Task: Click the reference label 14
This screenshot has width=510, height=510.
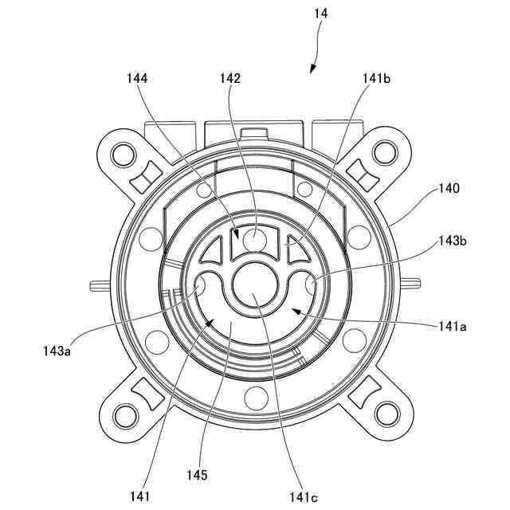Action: coord(321,14)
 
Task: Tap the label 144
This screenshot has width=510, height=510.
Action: coord(136,78)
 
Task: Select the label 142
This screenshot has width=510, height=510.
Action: coord(230,78)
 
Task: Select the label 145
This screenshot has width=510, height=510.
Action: coord(198,475)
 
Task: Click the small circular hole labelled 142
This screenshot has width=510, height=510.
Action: coord(254,237)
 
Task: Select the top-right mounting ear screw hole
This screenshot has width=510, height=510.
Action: coord(386,150)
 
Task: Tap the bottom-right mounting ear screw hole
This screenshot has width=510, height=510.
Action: coord(386,413)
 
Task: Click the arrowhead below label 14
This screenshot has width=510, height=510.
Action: coord(312,71)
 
